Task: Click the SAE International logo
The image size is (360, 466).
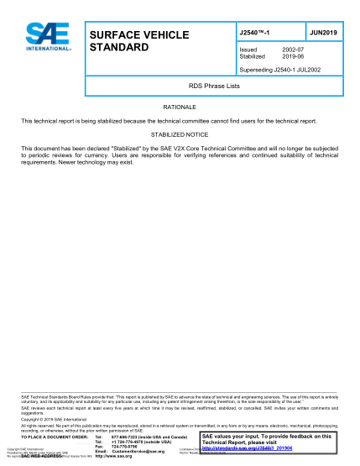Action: click(x=43, y=37)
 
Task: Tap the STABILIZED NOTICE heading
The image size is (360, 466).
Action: click(x=179, y=134)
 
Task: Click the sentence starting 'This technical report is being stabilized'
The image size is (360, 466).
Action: click(x=169, y=122)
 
